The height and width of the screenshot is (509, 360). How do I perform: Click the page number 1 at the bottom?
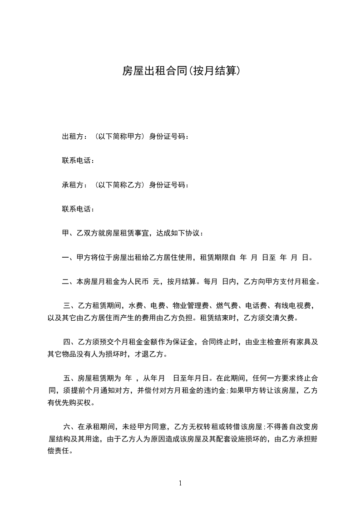point(180,483)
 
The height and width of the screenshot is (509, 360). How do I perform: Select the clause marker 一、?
point(68,258)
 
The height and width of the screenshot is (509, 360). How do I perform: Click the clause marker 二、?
point(68,282)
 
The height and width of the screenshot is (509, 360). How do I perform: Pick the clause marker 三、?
point(70,306)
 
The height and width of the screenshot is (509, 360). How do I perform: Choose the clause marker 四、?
point(70,343)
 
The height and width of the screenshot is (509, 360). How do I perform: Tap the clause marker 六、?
point(70,427)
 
